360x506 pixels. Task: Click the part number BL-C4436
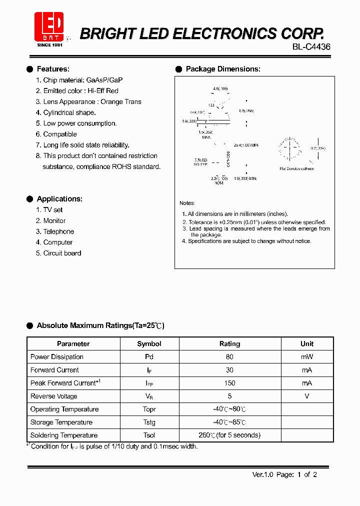coord(311,46)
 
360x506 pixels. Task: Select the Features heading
coord(53,69)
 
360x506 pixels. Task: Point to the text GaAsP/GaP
coord(104,80)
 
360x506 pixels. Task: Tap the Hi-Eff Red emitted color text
coord(103,91)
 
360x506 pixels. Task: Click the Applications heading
coord(59,199)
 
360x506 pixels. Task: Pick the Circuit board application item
coord(62,253)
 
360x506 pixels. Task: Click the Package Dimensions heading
coord(223,69)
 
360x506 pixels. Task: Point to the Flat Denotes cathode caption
coord(296,168)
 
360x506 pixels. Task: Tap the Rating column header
coord(229,344)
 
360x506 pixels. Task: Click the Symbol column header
coord(149,344)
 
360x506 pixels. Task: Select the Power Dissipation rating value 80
coord(229,357)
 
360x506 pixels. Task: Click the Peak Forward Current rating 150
coord(229,383)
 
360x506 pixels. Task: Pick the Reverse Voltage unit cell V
coord(307,396)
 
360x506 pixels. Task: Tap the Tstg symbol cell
coord(149,422)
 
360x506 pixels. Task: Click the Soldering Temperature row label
coord(64,435)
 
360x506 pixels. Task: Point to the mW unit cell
coord(307,357)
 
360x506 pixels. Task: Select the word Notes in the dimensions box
coord(187,203)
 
